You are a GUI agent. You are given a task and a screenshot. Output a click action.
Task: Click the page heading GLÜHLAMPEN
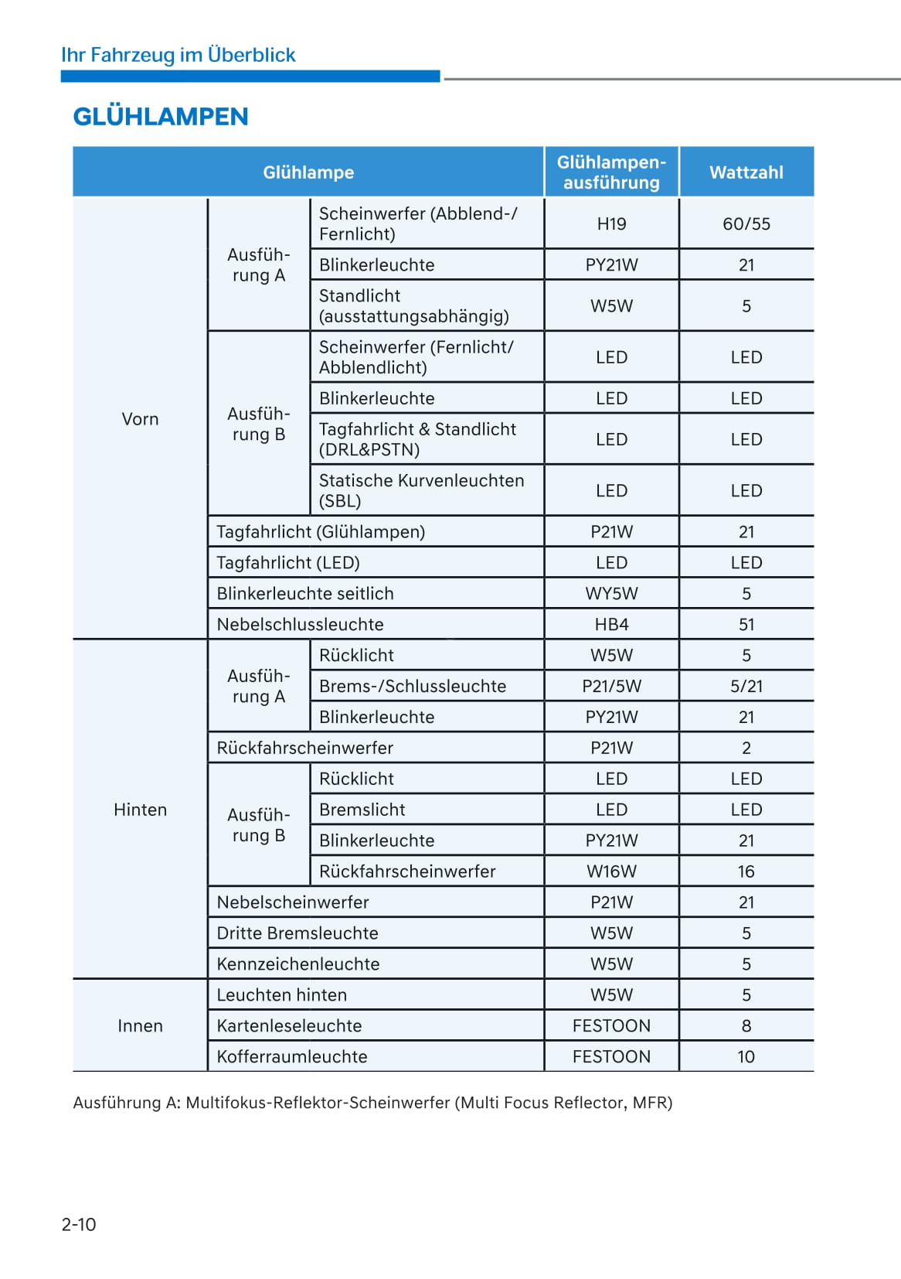[x=161, y=117]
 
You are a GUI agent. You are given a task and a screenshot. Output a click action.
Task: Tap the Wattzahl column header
[x=746, y=172]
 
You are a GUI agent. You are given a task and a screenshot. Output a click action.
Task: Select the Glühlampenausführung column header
[x=611, y=172]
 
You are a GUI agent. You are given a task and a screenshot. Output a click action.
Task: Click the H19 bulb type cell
[x=611, y=224]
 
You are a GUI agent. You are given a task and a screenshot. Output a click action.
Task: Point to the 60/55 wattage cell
[x=746, y=224]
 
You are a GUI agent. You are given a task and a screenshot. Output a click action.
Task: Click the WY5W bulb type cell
[x=611, y=594]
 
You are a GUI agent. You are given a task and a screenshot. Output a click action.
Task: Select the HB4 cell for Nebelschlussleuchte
[x=611, y=625]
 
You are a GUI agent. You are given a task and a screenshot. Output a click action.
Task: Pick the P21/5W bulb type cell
[x=611, y=687]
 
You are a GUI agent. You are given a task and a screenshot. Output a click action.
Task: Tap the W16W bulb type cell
[x=611, y=871]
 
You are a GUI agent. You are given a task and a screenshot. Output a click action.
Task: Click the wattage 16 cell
[x=746, y=871]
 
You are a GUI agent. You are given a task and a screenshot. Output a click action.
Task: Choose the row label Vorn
[x=140, y=419]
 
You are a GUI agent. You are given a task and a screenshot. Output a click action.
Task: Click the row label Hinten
[x=140, y=810]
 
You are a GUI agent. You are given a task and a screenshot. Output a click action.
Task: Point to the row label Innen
[x=140, y=1026]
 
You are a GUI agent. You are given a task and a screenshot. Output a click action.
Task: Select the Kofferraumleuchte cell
[x=292, y=1057]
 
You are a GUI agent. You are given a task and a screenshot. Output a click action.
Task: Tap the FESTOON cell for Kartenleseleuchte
[x=611, y=1026]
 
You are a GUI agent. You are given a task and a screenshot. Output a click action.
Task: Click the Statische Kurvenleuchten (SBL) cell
[x=421, y=491]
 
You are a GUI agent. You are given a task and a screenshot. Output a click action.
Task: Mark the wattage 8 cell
[x=746, y=1026]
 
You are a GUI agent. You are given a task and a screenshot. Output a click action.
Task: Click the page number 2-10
[x=79, y=1224]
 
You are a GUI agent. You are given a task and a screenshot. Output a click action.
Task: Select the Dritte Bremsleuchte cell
[x=297, y=933]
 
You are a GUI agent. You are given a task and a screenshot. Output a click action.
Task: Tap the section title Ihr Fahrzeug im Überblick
[x=178, y=55]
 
